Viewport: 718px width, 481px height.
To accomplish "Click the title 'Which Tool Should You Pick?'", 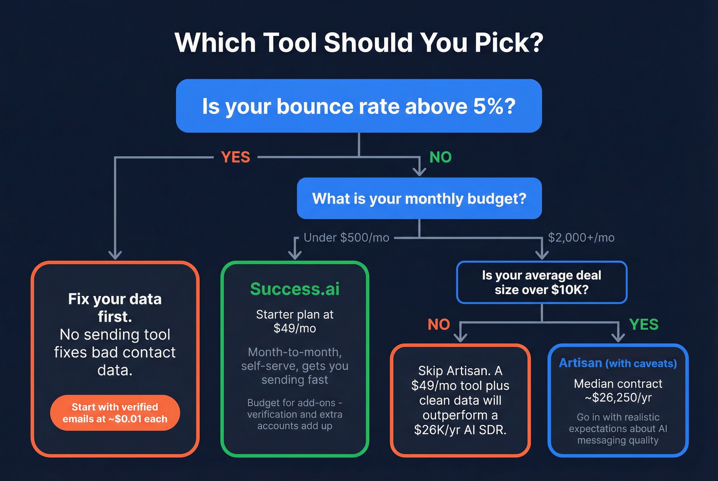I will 358,43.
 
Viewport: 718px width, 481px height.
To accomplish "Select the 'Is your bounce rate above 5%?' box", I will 358,106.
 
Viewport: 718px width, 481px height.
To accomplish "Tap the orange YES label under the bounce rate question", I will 235,157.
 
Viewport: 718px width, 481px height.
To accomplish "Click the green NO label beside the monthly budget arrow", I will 440,157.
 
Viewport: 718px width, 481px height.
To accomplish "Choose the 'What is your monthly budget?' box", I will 419,198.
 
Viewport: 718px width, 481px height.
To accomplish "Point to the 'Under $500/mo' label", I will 346,238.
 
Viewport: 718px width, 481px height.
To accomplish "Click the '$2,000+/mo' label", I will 581,238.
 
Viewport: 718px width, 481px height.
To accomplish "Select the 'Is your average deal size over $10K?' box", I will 542,282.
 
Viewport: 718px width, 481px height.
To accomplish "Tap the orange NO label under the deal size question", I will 438,324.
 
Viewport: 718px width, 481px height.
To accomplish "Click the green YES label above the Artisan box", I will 644,324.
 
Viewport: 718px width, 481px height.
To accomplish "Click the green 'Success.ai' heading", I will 295,289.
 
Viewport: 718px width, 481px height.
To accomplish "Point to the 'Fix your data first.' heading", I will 115,307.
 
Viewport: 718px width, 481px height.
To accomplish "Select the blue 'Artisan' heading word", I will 581,363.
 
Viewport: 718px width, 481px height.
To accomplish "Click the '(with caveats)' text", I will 641,364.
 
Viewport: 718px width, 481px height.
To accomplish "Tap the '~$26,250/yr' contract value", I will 618,398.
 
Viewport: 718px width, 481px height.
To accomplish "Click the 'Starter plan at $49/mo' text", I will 295,321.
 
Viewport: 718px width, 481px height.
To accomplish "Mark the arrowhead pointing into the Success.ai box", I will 295,255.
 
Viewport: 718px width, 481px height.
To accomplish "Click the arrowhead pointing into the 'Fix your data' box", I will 115,255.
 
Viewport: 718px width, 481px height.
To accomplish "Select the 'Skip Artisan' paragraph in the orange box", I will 460,400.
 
